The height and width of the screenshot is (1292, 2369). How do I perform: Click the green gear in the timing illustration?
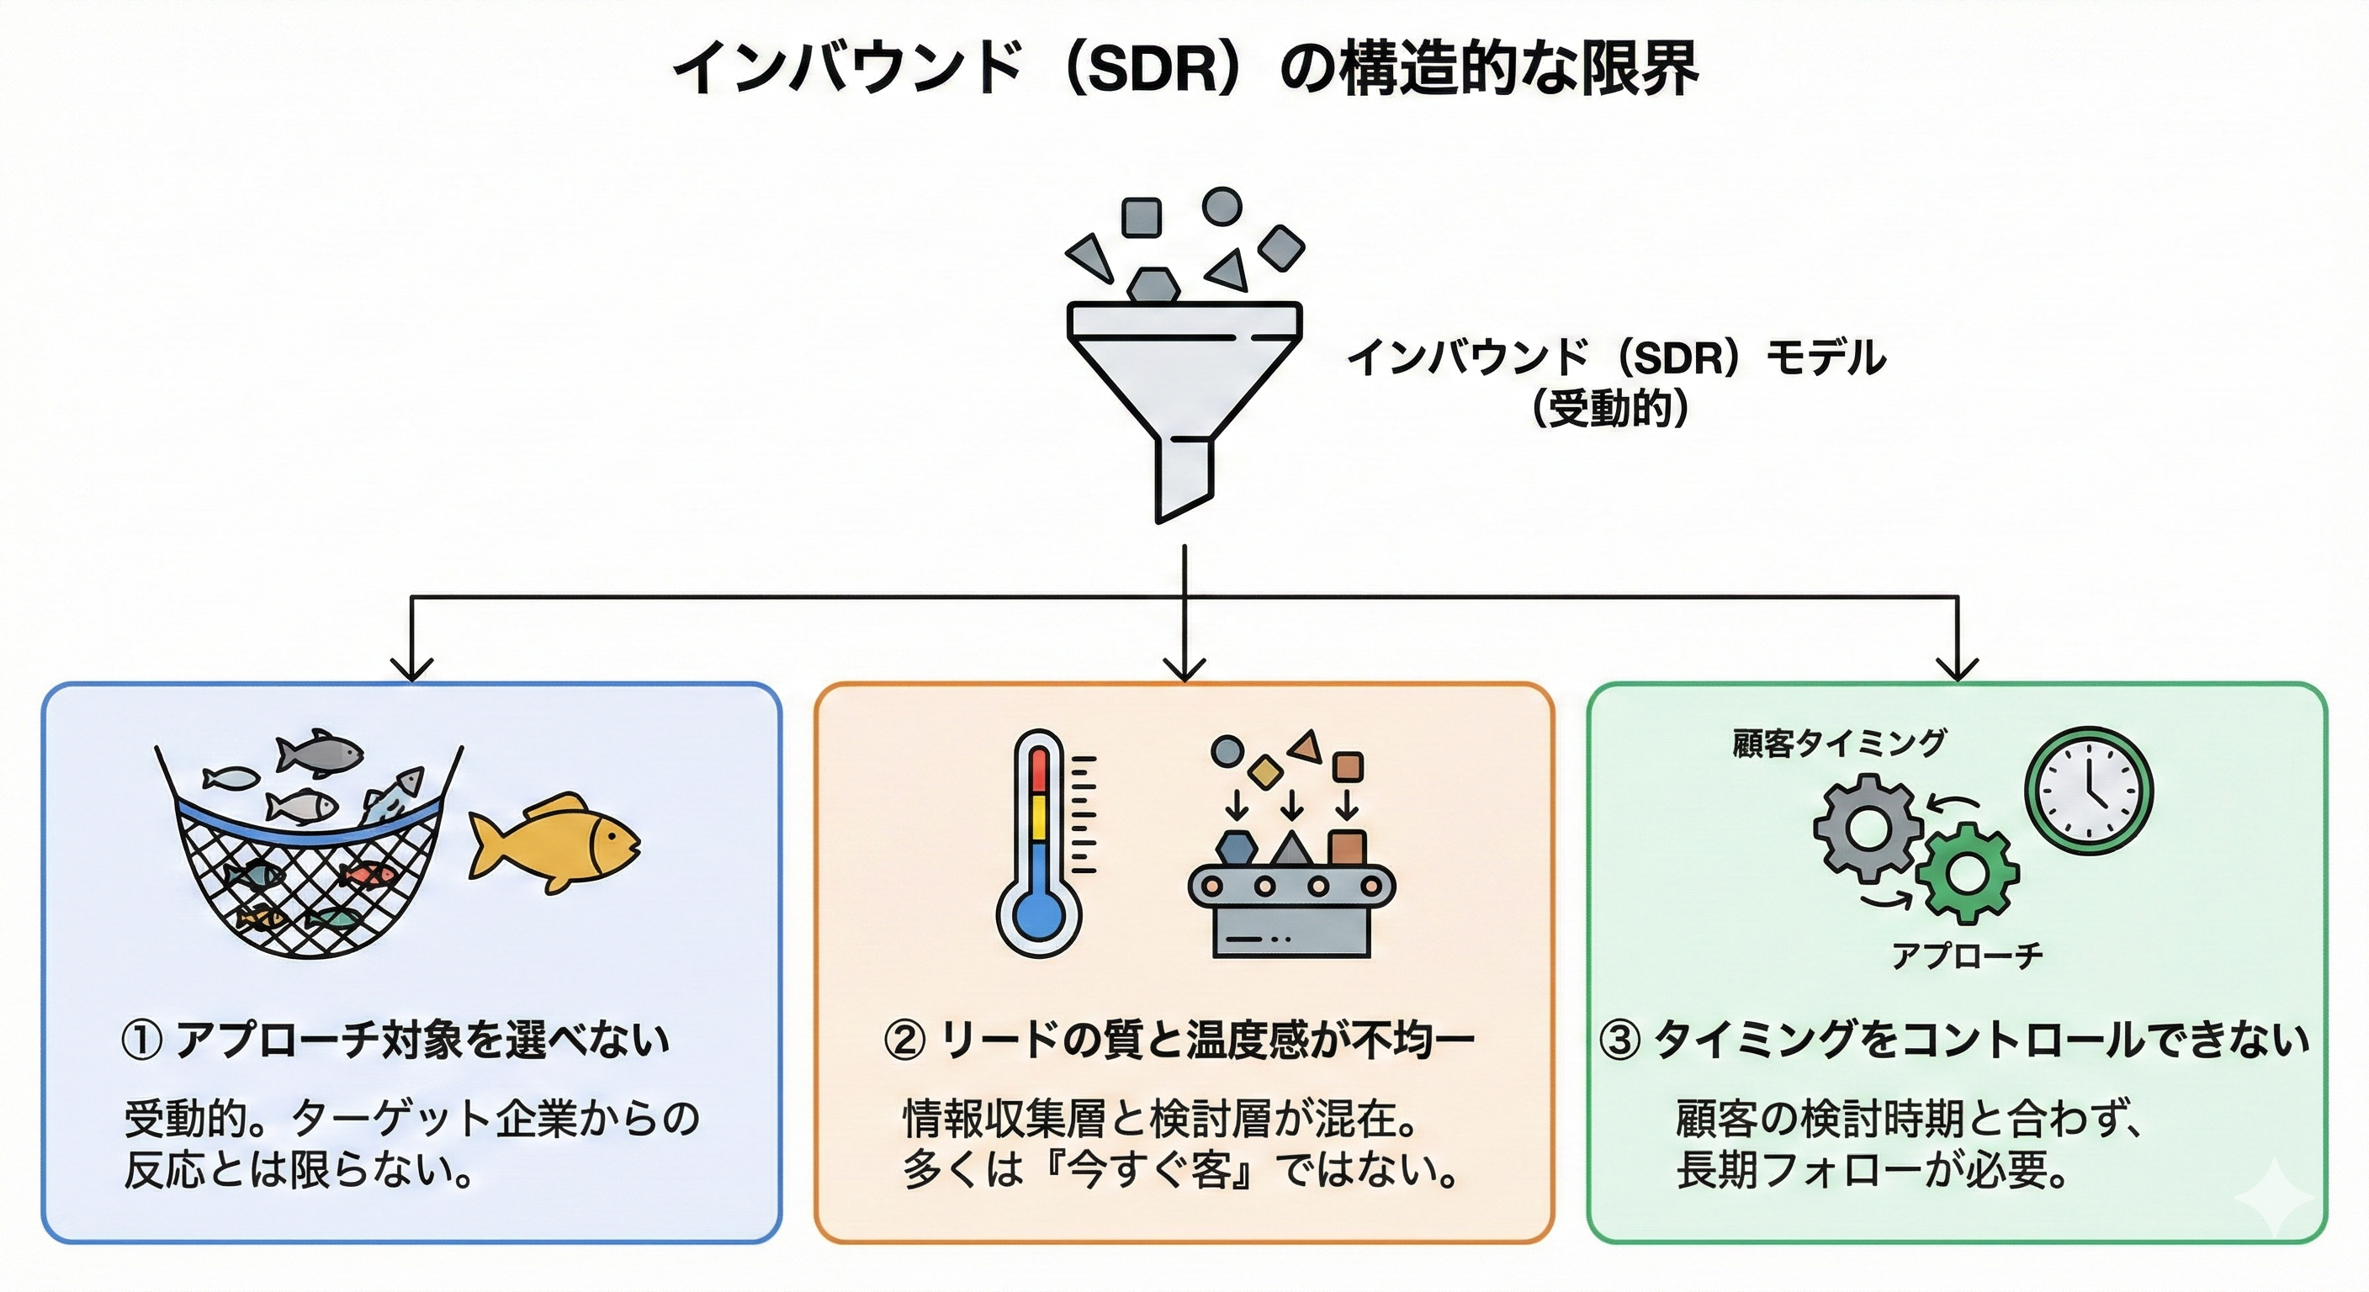pos(1968,874)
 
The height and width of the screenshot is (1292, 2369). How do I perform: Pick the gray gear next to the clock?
pos(1868,828)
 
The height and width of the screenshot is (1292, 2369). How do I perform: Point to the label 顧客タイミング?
pos(1838,743)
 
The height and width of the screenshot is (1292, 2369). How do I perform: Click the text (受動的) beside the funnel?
pos(1610,408)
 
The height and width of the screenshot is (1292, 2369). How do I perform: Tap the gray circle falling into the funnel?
pos(1222,207)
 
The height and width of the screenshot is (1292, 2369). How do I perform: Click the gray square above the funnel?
pos(1142,218)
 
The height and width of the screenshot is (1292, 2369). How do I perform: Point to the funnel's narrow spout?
pos(1183,478)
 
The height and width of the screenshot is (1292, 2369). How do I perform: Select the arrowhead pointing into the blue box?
pos(411,669)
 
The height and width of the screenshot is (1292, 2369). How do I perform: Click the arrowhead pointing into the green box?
pos(1957,669)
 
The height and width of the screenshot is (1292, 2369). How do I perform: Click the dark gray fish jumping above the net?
pos(318,752)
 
